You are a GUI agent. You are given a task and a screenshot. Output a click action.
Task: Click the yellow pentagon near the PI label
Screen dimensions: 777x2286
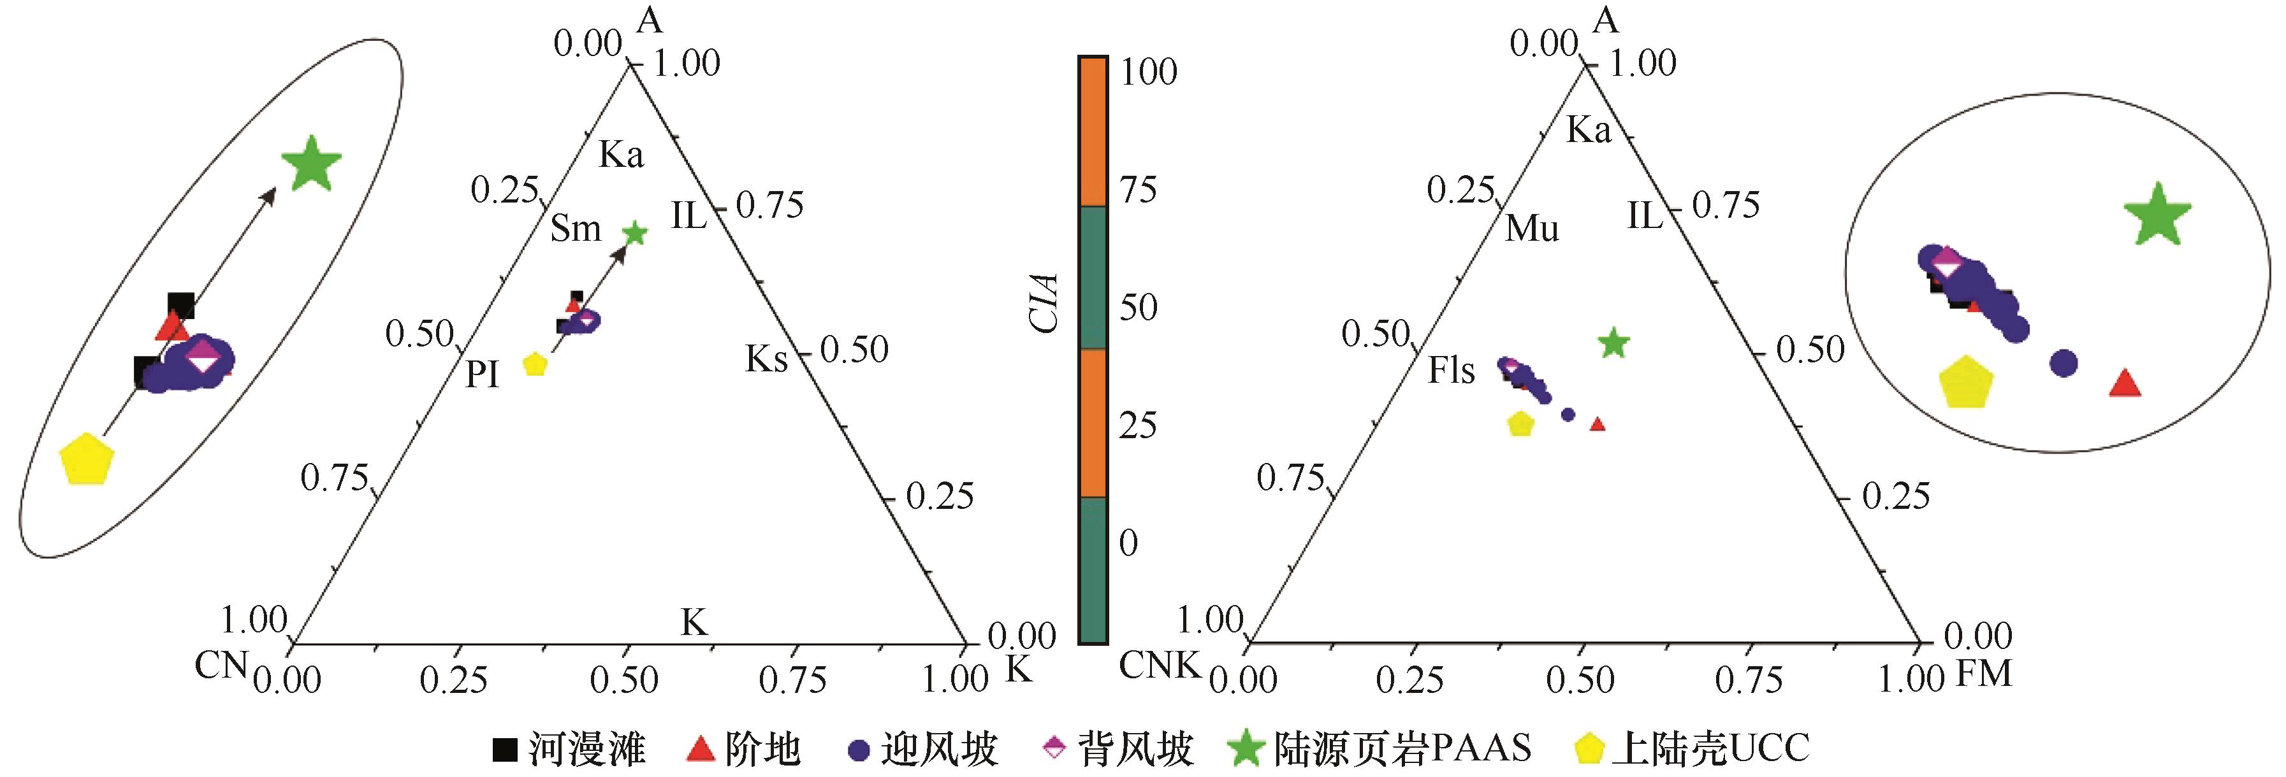pos(535,364)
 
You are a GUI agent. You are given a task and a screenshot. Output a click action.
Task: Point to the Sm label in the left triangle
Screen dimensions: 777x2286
pos(575,229)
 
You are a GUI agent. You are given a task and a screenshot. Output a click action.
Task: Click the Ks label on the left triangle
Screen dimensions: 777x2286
pos(766,359)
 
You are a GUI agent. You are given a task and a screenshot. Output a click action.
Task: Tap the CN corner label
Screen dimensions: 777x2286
pos(220,664)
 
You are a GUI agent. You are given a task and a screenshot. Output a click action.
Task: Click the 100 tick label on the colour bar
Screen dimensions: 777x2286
pos(1148,72)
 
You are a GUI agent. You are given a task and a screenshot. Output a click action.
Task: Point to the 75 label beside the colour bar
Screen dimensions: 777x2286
pos(1138,189)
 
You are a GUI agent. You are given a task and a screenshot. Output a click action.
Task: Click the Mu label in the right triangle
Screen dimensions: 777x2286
pos(1532,229)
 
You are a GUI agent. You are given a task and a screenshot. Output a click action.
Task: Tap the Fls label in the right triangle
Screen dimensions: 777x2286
pos(1451,371)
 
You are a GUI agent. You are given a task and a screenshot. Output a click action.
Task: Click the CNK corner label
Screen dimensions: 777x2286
pos(1159,664)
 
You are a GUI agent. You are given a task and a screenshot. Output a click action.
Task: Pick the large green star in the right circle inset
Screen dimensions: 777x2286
pos(2157,215)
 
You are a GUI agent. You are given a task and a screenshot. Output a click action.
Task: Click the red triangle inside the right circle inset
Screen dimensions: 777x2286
pos(2125,384)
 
